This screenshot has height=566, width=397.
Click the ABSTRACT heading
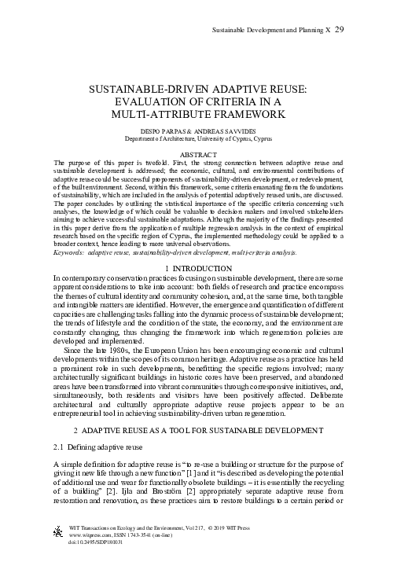point(198,156)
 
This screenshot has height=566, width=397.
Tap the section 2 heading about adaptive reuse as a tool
point(198,431)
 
